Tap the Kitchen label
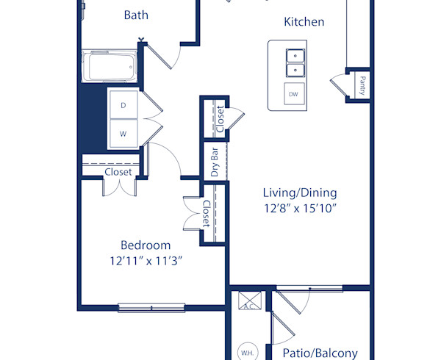[304, 21]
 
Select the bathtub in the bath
[111, 68]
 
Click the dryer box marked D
[123, 105]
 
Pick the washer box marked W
[123, 134]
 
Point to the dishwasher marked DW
[293, 95]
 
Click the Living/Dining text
[299, 192]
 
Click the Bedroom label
[146, 245]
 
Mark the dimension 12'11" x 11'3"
[146, 260]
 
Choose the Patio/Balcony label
[320, 353]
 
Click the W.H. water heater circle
[247, 353]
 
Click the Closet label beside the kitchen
[220, 119]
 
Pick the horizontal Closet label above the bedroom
[118, 172]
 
